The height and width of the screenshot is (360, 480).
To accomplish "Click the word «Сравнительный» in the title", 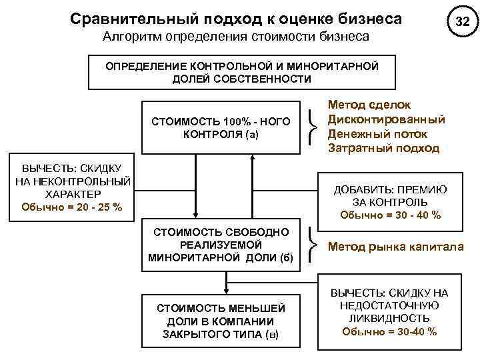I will point(127,19).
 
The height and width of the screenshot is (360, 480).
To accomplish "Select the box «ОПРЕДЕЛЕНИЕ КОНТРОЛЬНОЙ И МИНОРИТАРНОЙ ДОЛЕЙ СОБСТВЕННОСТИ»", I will point(241,73).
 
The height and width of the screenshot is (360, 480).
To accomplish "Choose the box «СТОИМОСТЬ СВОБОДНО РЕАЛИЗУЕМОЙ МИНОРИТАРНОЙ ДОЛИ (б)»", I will point(221,245).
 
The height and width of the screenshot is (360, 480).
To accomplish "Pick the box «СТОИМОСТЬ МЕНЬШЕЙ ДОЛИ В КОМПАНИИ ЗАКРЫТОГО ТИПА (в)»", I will point(221,321).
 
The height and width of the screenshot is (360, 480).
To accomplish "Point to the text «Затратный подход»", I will point(383,147).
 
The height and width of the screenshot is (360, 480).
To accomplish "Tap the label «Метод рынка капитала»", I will point(395,247).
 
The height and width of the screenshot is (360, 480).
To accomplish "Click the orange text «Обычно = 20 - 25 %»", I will point(71,207).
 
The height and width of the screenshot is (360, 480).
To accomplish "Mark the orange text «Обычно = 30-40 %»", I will point(390,331).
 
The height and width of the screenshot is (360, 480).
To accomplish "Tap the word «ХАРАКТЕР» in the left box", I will point(71,194).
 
